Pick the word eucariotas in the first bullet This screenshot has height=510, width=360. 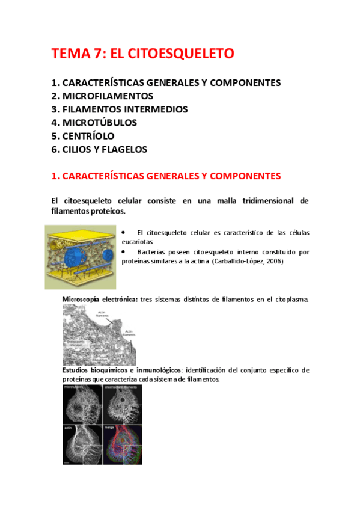tap(139, 241)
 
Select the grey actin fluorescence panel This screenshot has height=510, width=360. tap(82, 444)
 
